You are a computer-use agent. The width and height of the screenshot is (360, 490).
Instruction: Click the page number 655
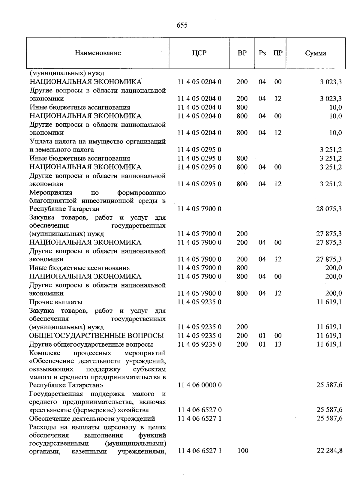click(182, 26)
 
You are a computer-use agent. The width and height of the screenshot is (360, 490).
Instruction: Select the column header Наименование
click(98, 53)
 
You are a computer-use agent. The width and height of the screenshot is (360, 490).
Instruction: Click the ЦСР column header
click(199, 53)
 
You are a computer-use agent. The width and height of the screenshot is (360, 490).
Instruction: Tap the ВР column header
click(242, 53)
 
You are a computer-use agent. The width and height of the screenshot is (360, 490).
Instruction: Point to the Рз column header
click(262, 53)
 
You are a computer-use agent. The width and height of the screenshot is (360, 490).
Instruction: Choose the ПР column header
click(278, 53)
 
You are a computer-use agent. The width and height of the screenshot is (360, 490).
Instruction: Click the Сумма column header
click(316, 53)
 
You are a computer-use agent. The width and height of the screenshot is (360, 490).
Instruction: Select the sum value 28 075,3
click(329, 209)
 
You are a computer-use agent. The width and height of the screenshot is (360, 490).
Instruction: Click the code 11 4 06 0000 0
click(199, 385)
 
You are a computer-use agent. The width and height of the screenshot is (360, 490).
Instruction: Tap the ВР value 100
click(242, 450)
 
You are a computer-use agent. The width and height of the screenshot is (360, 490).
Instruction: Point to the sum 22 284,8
click(329, 450)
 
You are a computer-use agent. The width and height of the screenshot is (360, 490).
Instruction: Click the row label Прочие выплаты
click(56, 302)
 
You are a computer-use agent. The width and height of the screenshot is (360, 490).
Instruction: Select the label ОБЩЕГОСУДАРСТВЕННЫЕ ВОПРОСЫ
click(97, 335)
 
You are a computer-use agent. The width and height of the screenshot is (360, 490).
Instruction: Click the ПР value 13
click(278, 344)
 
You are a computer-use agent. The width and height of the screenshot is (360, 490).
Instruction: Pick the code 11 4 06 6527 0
click(199, 410)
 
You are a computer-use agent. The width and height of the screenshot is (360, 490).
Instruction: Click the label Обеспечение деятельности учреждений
click(92, 419)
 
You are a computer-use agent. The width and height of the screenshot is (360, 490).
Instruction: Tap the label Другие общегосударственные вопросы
click(91, 344)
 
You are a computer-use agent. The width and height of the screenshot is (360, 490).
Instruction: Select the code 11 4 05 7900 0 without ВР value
click(199, 209)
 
